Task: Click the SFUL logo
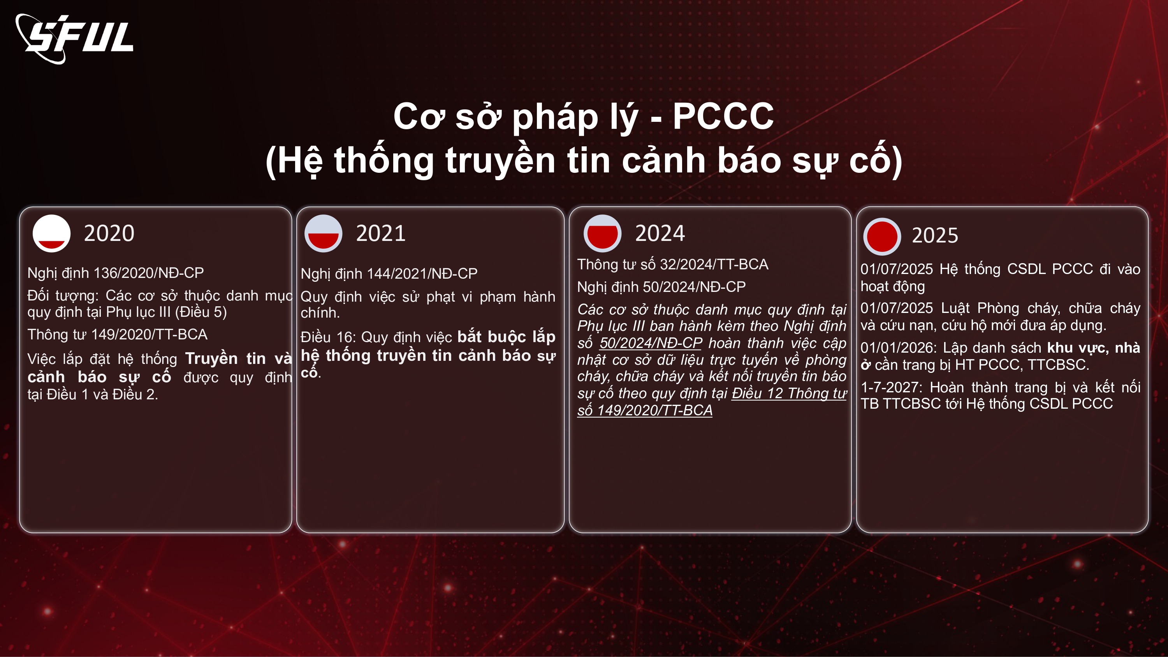tap(74, 38)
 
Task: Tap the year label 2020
tap(109, 234)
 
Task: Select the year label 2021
tap(381, 234)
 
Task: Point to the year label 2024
tap(660, 234)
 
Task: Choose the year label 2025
tap(935, 235)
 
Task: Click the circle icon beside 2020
tap(52, 233)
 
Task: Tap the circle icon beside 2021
tap(323, 233)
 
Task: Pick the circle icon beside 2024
tap(603, 233)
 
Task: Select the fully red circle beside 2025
tap(882, 236)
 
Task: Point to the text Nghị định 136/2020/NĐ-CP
tap(116, 273)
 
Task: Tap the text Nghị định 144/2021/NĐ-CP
tap(389, 274)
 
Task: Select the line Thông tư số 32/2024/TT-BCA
tap(673, 264)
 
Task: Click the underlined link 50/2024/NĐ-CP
tap(651, 343)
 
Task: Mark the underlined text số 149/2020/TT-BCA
tap(645, 410)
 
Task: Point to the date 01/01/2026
tap(897, 348)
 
